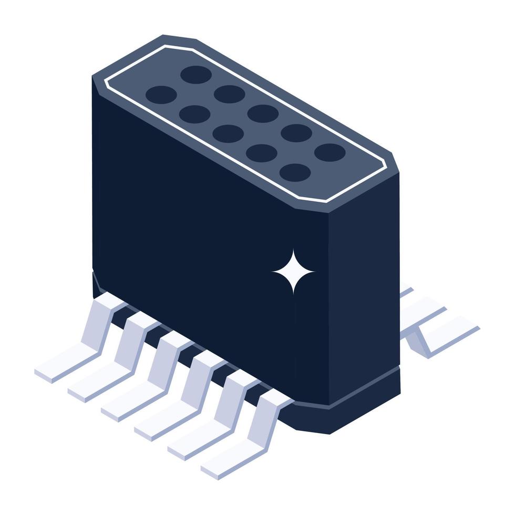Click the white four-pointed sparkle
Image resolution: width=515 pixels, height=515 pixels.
tap(293, 271)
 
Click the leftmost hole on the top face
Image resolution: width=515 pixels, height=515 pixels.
tap(161, 95)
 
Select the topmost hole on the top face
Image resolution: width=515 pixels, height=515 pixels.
tap(195, 75)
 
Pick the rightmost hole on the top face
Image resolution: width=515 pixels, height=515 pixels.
tap(330, 152)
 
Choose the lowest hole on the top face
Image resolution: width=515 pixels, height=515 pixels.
tap(295, 172)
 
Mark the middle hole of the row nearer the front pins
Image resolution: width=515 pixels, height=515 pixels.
tap(228, 133)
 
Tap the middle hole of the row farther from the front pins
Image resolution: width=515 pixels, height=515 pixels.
tap(263, 114)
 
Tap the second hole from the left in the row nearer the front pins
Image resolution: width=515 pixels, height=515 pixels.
tap(194, 114)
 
